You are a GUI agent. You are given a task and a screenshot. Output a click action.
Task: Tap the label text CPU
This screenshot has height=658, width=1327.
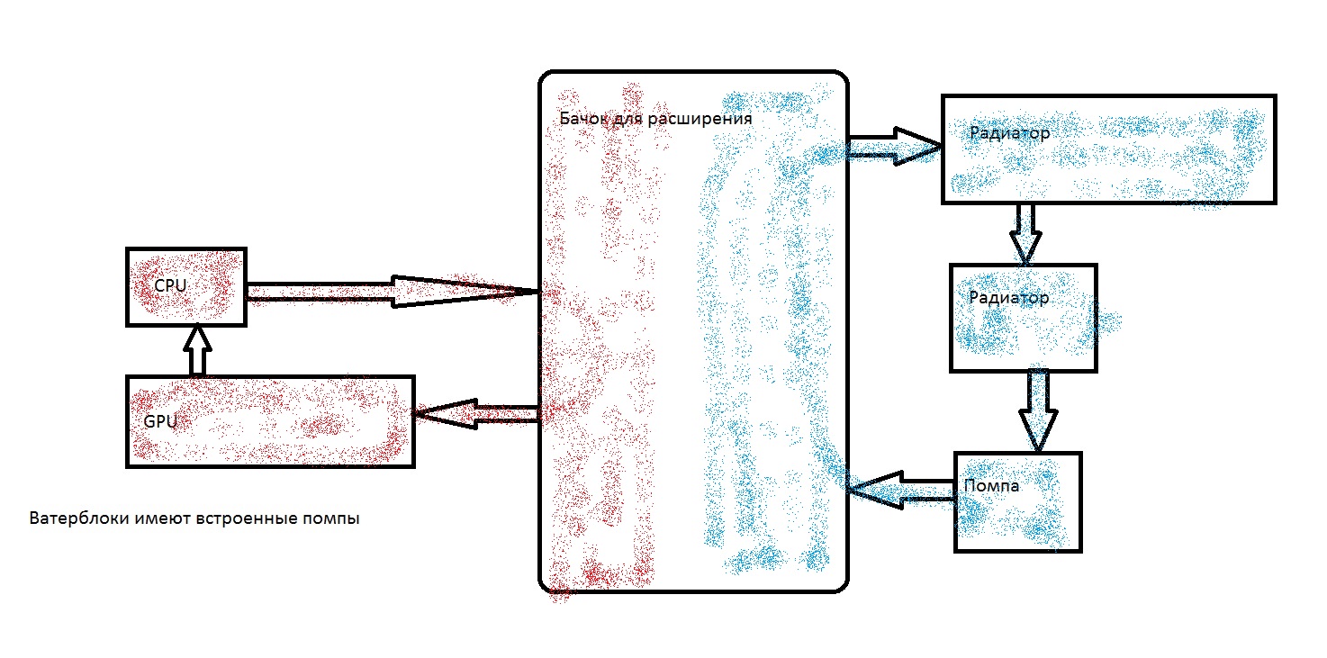(x=171, y=285)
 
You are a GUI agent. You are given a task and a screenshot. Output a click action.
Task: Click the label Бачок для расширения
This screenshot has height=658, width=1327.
(x=654, y=118)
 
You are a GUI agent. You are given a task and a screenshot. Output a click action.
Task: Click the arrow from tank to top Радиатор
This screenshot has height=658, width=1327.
(x=892, y=146)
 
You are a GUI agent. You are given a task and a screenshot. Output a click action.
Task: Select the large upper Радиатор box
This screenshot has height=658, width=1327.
(x=1108, y=149)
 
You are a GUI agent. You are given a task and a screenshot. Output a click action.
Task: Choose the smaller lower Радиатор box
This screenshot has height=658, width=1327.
(x=1024, y=317)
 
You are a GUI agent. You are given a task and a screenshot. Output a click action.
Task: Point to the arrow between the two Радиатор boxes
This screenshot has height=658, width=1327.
(x=1025, y=232)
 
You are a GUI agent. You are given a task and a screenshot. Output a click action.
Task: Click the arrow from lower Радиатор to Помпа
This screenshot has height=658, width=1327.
(x=1038, y=409)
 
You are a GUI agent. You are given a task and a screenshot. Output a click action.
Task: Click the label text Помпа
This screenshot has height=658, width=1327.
(x=991, y=486)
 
